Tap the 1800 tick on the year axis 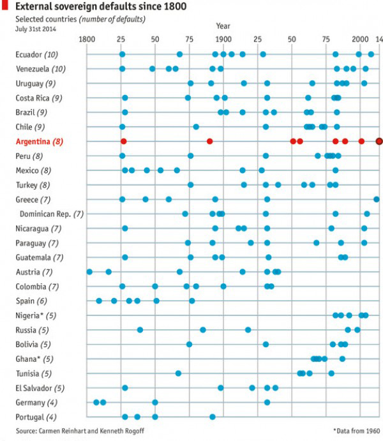point(86,40)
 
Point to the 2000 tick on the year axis point(359,40)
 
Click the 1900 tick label point(223,40)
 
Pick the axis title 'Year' point(223,26)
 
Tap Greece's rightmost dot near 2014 point(376,199)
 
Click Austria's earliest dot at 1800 point(89,272)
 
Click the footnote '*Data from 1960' point(355,430)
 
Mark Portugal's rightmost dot point(212,417)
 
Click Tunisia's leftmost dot point(178,373)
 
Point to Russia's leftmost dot point(140,330)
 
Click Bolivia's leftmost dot point(189,345)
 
